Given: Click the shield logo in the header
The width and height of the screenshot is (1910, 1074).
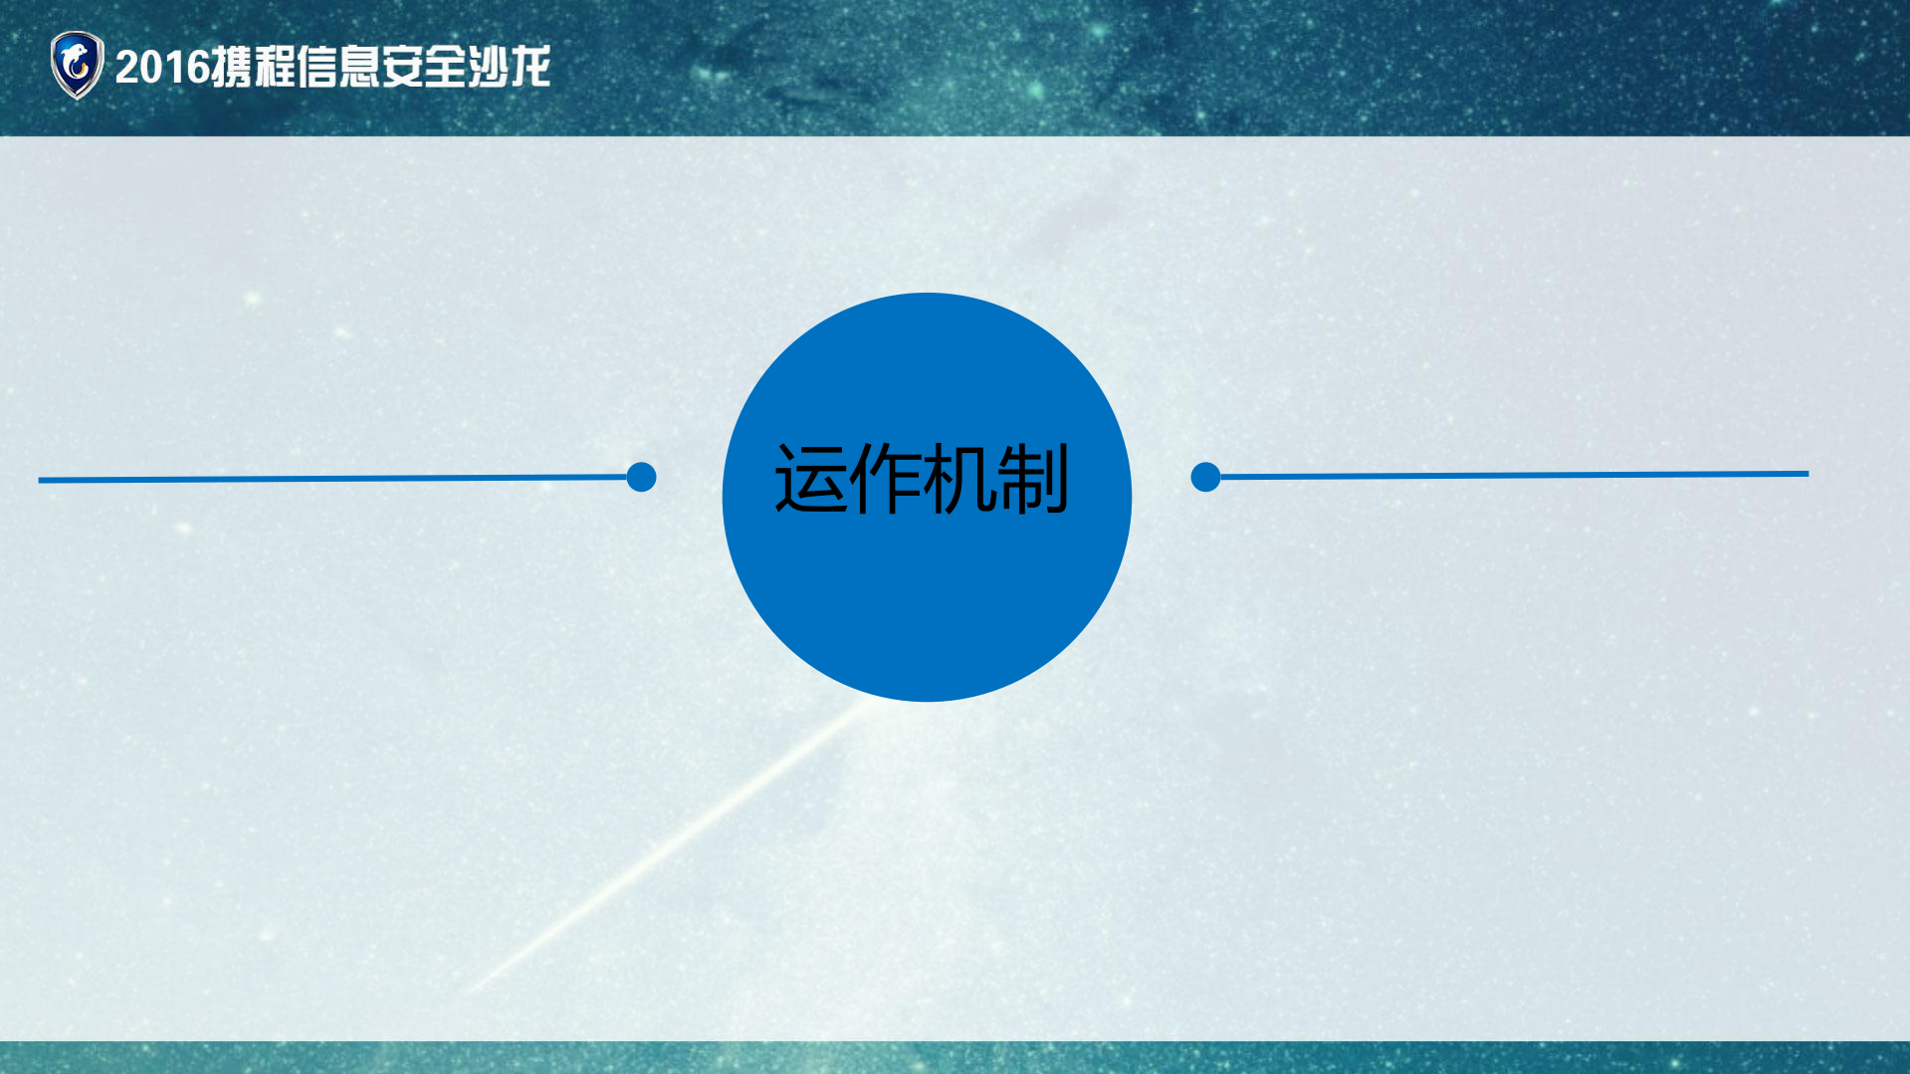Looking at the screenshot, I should (x=77, y=65).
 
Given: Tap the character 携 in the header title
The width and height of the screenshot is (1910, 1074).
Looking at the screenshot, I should (x=232, y=67).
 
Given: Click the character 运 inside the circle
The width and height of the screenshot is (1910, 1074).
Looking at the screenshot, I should (x=811, y=479).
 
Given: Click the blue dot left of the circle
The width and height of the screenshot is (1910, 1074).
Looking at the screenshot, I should (x=642, y=477).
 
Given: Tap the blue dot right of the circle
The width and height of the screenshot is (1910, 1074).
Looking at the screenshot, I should (x=1205, y=477).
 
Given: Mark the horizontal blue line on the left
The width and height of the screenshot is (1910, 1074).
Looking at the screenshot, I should (x=328, y=479).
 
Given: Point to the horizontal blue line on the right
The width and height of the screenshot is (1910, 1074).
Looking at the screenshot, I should (x=1513, y=475).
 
